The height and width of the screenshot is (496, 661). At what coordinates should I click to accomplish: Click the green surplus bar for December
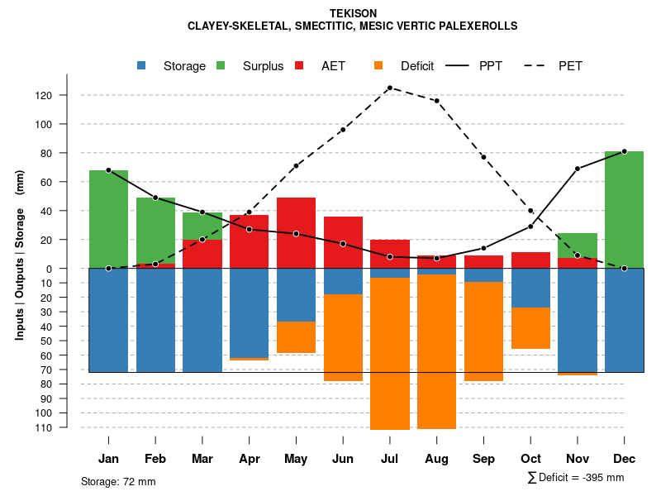tap(624, 210)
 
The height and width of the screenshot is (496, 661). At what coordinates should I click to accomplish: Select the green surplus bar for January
tap(108, 219)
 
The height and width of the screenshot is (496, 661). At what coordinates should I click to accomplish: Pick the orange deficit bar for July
tap(390, 354)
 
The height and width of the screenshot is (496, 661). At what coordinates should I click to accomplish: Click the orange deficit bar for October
tap(530, 328)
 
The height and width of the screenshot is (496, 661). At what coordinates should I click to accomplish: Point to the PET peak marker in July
tap(389, 88)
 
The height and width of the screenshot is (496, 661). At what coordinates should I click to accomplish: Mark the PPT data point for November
tap(578, 169)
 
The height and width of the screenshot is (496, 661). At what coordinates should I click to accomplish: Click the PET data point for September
tap(483, 157)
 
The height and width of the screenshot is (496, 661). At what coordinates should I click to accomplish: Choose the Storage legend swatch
tap(142, 65)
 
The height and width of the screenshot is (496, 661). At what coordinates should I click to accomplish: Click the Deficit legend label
tap(417, 66)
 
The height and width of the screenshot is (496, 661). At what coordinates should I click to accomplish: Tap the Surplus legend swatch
tap(221, 65)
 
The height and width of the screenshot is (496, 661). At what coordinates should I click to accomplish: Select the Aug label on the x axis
tap(436, 459)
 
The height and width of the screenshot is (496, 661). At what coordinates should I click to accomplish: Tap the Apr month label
tap(249, 459)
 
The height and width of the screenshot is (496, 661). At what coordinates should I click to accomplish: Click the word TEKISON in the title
tap(353, 13)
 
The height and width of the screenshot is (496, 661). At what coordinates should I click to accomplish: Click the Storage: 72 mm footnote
tap(118, 481)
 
